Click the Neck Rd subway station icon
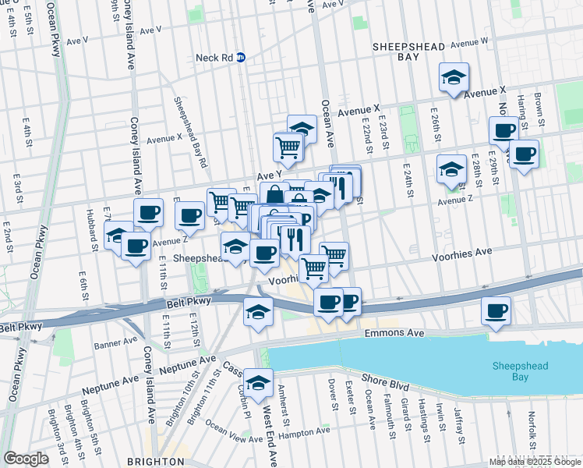(241, 57)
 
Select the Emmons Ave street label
(394, 333)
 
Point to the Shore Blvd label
(385, 383)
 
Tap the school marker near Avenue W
(454, 78)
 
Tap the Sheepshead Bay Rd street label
(191, 133)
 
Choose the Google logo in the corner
(26, 459)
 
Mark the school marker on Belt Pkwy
(258, 312)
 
